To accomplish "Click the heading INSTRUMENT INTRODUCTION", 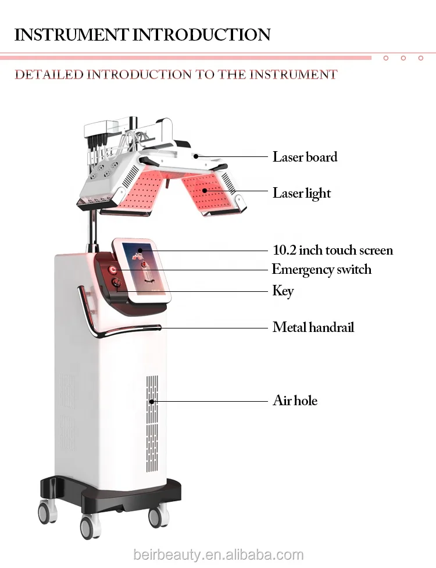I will pyautogui.click(x=142, y=34).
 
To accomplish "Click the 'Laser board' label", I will pyautogui.click(x=305, y=157).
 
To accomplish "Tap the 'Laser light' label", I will pyautogui.click(x=302, y=193).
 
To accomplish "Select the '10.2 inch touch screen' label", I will pyautogui.click(x=333, y=251).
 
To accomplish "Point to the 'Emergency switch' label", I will pyautogui.click(x=321, y=270).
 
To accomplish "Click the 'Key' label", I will pyautogui.click(x=283, y=290).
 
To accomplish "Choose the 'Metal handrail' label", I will pyautogui.click(x=313, y=327).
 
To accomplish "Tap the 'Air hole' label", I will pyautogui.click(x=295, y=401).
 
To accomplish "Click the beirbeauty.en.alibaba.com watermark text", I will pyautogui.click(x=217, y=555).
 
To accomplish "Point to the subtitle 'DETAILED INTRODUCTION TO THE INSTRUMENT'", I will pyautogui.click(x=176, y=74).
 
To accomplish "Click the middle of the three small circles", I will pyautogui.click(x=403, y=58).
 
